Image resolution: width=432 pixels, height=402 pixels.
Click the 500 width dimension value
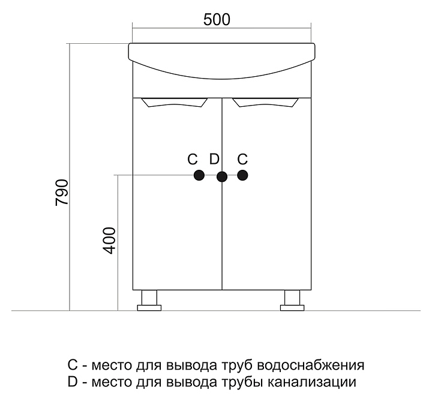click(x=217, y=19)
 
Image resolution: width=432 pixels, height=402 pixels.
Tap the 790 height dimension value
click(x=62, y=193)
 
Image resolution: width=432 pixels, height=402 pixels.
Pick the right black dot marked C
click(x=242, y=175)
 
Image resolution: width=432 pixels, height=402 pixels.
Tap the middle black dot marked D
click(x=221, y=176)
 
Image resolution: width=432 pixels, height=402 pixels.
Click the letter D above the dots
click(x=215, y=160)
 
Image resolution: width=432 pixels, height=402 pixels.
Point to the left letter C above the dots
click(x=192, y=160)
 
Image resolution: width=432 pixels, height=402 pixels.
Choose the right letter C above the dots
click(x=242, y=160)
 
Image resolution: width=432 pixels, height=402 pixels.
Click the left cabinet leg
click(x=149, y=300)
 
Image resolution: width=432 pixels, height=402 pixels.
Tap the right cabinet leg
click(x=292, y=300)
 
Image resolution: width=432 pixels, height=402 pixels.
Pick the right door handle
click(x=266, y=104)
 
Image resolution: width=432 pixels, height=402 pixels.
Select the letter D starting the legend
click(x=73, y=382)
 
